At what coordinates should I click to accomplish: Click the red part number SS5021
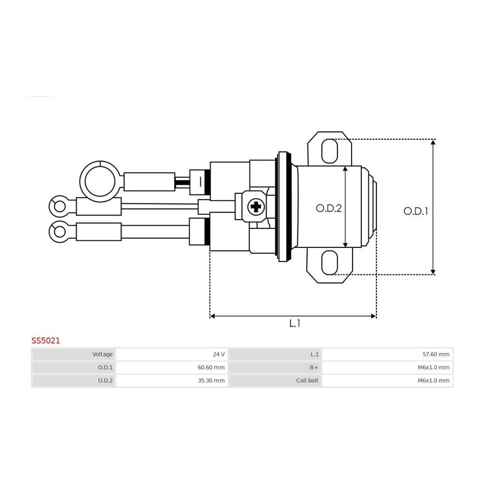45,341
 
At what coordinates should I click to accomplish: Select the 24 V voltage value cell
172,354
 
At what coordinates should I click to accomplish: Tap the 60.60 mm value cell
172,367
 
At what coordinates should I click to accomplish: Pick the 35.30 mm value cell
172,381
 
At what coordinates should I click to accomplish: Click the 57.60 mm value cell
387,354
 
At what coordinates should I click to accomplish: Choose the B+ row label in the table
314,367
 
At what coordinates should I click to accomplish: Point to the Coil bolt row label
307,381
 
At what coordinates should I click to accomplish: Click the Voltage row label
102,354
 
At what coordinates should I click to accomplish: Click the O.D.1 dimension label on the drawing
416,211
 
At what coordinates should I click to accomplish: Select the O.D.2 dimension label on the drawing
328,208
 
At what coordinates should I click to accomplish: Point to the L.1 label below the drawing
295,323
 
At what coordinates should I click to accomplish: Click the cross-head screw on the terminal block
256,207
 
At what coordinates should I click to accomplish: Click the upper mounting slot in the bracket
329,151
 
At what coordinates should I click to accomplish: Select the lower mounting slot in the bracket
329,262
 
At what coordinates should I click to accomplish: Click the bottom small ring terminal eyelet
59,232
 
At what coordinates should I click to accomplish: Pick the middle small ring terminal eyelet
59,206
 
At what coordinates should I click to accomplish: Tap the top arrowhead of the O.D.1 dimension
433,142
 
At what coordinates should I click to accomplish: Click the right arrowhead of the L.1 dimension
374,316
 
